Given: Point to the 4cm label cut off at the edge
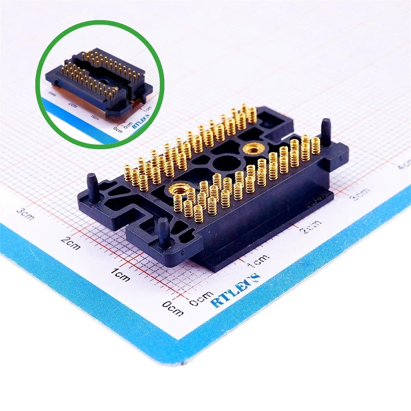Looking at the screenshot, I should tap(405, 164).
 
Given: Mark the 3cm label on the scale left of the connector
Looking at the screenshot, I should tap(25, 214).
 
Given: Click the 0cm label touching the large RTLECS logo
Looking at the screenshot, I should tap(201, 299).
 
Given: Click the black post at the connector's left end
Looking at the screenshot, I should tap(92, 187).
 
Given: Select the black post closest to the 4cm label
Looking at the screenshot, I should tap(326, 132).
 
